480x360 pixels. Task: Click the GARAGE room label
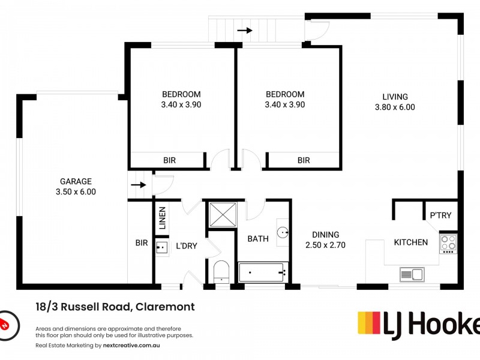(76, 181)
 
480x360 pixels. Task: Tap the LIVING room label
(395, 97)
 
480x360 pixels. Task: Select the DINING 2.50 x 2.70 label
(325, 239)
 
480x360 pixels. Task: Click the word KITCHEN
(411, 242)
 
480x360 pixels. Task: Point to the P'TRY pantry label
(440, 215)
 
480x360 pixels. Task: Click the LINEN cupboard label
(162, 218)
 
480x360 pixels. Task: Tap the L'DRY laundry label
(187, 246)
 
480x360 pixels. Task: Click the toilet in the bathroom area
(221, 272)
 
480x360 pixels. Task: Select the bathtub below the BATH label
(263, 272)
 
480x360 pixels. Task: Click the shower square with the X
(223, 214)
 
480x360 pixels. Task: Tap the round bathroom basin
(283, 232)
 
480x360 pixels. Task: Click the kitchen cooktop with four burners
(448, 244)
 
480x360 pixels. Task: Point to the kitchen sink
(412, 274)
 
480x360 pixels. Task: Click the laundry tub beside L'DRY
(161, 247)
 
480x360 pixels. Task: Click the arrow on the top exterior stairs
(245, 31)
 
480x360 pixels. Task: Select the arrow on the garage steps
(139, 185)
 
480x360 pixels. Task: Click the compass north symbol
(8, 326)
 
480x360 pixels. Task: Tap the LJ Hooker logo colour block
(369, 323)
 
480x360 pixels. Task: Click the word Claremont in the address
(165, 307)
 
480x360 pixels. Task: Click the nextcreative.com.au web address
(131, 346)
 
